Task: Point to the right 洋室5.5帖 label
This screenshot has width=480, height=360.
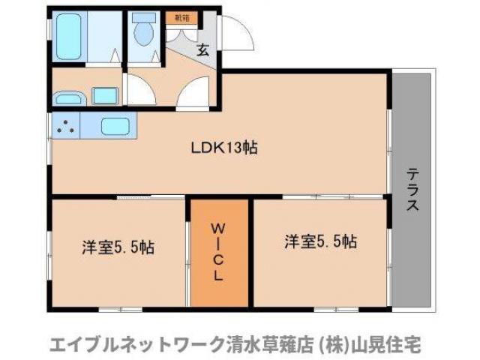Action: click(320, 241)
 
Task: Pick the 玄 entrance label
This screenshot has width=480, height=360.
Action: click(202, 50)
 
